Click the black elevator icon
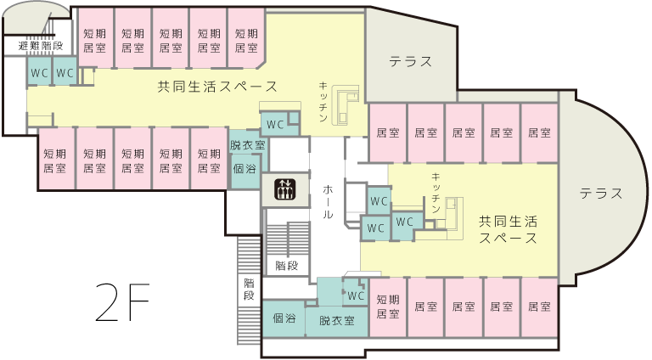tap(285, 188)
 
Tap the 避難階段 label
tap(41, 46)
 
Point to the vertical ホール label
tap(328, 202)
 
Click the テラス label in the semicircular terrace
tap(601, 194)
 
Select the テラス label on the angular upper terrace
tap(411, 61)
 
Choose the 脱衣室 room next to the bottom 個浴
tap(337, 321)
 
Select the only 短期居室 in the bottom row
tap(388, 307)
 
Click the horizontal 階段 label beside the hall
tap(287, 266)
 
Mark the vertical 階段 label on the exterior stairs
tap(249, 290)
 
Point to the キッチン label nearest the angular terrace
tap(323, 102)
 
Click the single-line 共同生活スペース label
tap(217, 87)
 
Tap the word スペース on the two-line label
tap(508, 239)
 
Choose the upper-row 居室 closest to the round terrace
tap(539, 133)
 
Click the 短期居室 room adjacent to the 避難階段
tap(95, 40)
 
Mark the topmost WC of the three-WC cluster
tap(379, 201)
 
